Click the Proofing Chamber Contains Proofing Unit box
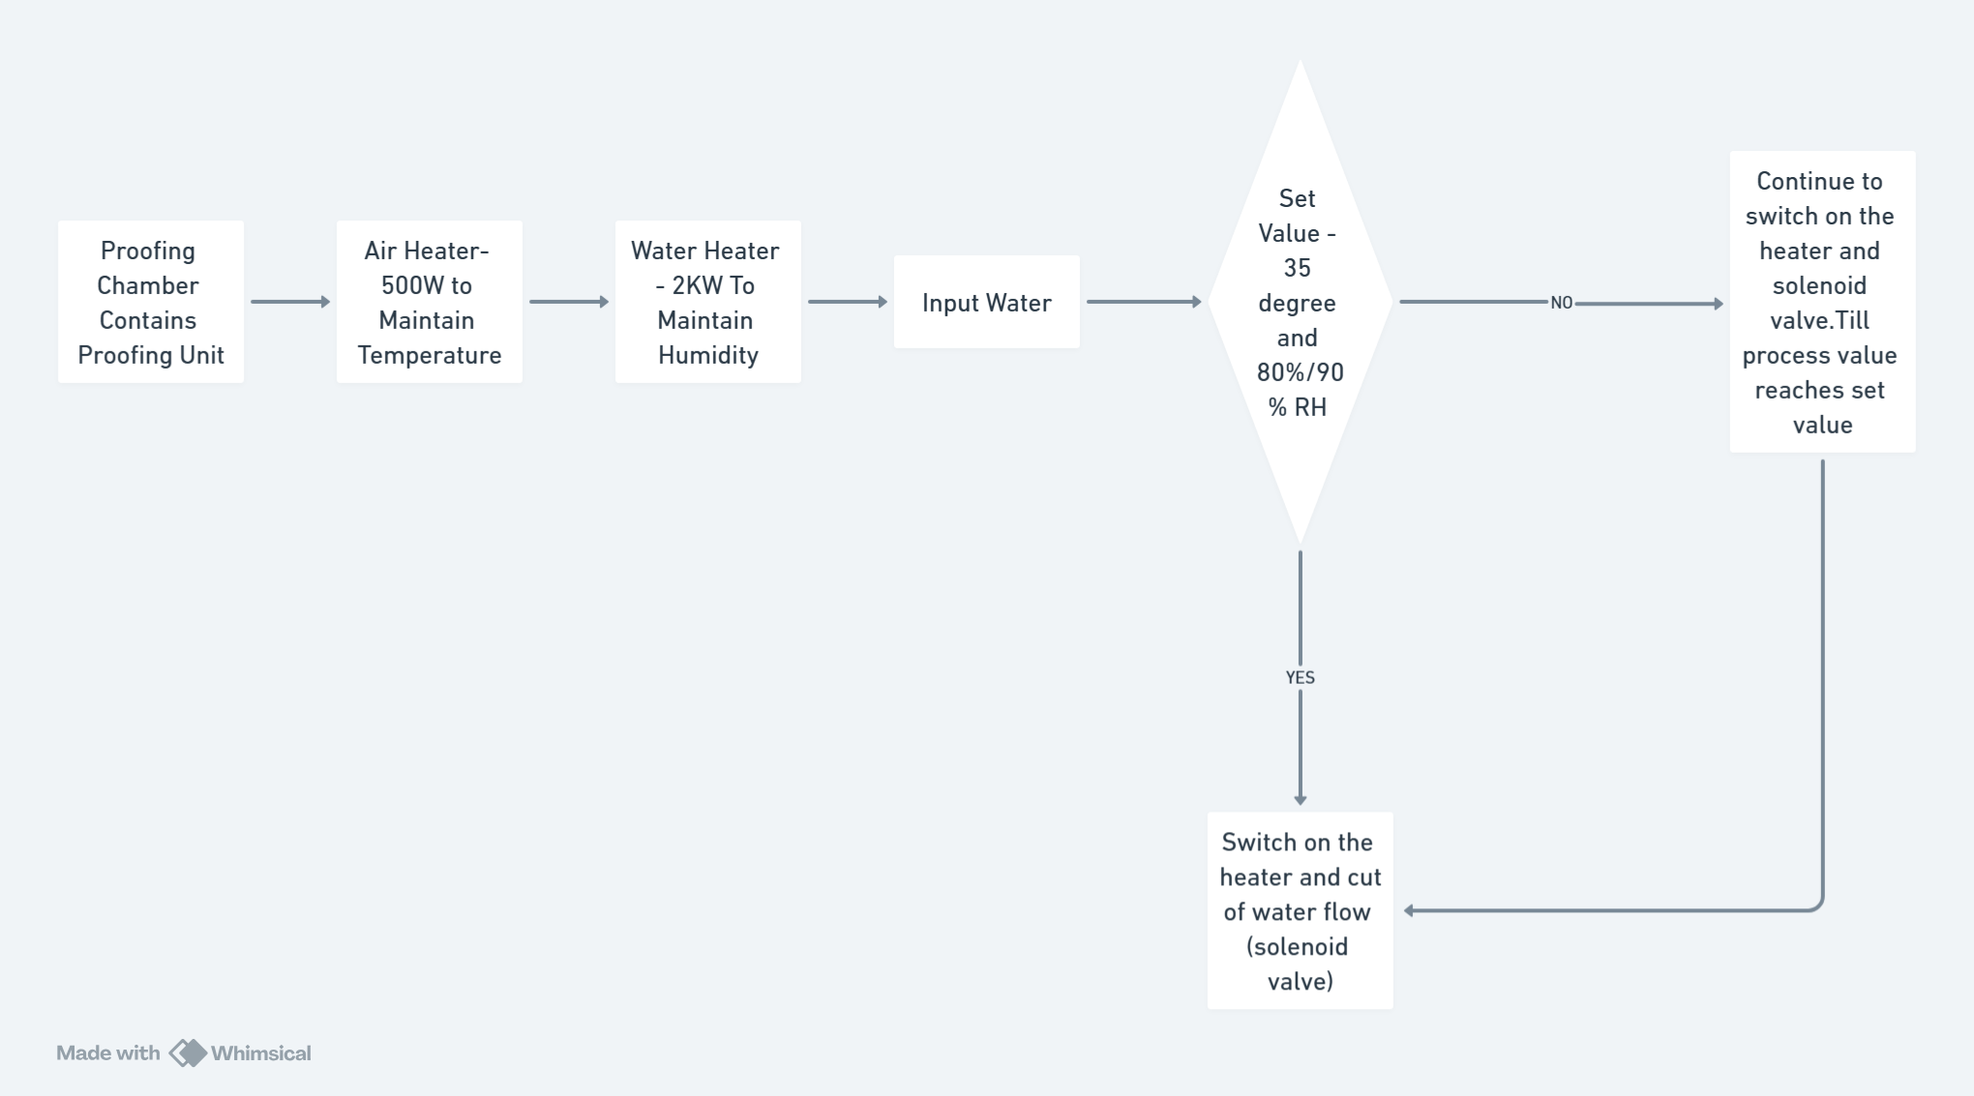(151, 302)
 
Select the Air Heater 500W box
(430, 302)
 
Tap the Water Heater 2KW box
(708, 302)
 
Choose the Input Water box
(987, 303)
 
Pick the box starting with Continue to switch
(1822, 302)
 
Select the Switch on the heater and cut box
(1300, 910)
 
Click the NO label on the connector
(1561, 303)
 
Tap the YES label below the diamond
(1300, 677)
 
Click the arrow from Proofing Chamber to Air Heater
(290, 302)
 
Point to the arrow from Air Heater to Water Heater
(569, 302)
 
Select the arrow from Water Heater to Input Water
(848, 302)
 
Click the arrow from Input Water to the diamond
(1143, 302)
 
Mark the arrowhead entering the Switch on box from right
(1410, 910)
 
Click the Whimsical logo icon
(188, 1052)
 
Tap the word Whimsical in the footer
(261, 1052)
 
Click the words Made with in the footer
(107, 1052)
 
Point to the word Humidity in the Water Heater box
(708, 355)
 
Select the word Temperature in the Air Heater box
(430, 355)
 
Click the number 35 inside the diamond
(1297, 268)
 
